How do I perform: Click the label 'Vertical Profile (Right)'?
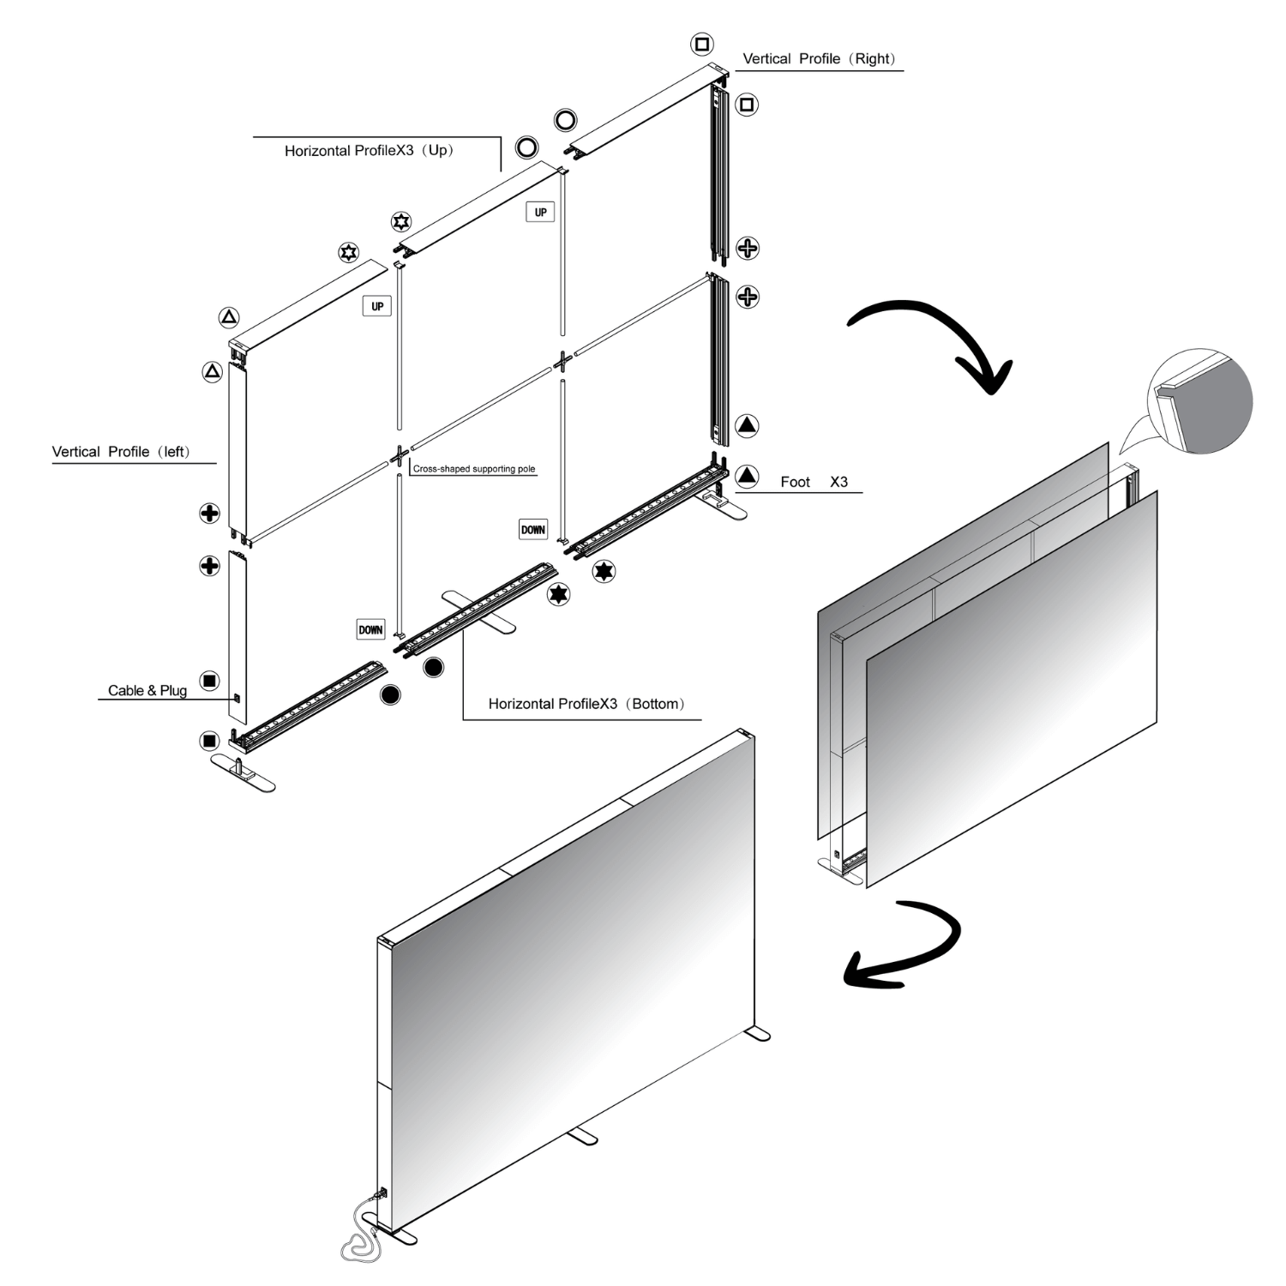click(819, 59)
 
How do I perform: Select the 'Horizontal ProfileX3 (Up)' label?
click(369, 151)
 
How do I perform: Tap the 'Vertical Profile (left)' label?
click(121, 452)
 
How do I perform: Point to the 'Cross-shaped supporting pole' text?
click(474, 469)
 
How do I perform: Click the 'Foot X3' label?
click(814, 482)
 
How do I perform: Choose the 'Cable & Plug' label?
click(147, 690)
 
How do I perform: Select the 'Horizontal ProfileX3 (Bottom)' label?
click(586, 704)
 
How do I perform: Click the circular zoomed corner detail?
click(1200, 400)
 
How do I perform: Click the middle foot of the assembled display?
click(582, 1135)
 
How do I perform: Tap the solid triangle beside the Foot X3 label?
click(748, 475)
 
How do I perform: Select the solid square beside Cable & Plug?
click(209, 681)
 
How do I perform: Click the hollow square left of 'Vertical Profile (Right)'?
click(702, 44)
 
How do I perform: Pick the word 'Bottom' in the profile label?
click(656, 704)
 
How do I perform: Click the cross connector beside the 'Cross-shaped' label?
click(399, 456)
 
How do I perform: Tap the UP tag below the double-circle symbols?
click(540, 212)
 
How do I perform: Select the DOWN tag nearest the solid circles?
click(370, 629)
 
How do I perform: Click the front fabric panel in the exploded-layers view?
click(1012, 686)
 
